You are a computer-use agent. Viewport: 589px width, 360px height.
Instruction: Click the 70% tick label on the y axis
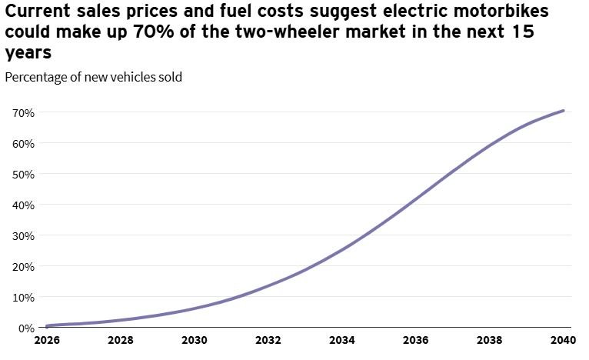point(24,113)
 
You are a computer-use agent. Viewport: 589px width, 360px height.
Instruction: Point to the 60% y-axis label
point(24,144)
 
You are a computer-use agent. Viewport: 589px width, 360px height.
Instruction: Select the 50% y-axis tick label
point(24,175)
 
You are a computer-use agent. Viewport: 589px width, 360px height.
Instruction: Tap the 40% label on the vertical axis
point(24,205)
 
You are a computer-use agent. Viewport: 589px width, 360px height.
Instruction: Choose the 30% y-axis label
point(24,236)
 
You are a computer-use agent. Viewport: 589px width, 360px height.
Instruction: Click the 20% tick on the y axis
point(24,267)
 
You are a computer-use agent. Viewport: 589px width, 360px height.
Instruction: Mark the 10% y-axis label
point(24,298)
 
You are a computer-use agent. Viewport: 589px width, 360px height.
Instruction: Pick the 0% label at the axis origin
point(26,328)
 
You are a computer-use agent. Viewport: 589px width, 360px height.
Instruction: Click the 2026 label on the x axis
point(47,341)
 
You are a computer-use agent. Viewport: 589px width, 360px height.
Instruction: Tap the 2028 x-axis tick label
point(121,341)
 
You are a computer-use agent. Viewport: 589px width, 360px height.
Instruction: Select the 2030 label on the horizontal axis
point(195,341)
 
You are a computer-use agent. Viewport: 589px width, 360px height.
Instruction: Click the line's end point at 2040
point(564,111)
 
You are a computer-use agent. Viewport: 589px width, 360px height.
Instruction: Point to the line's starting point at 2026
point(47,326)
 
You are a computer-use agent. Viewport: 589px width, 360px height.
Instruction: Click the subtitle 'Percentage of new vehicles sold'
point(93,77)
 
